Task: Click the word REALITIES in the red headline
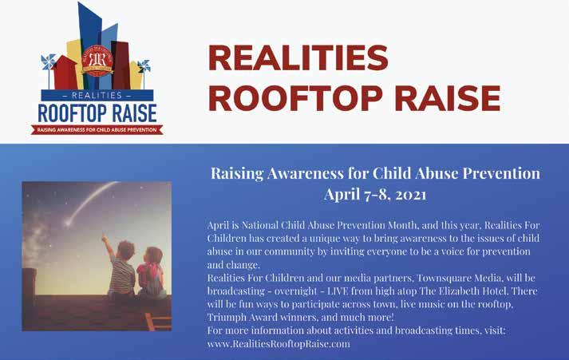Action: click(x=298, y=57)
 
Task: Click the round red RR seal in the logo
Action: click(x=97, y=61)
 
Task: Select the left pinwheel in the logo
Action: click(x=48, y=62)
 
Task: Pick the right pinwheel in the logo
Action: click(x=144, y=66)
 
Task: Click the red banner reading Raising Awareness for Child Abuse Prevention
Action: click(x=97, y=129)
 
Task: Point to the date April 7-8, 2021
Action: click(x=375, y=194)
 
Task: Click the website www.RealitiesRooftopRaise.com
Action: click(x=279, y=344)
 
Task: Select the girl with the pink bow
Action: click(x=152, y=273)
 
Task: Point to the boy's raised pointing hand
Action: click(x=105, y=238)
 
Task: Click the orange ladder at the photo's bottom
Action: click(x=157, y=322)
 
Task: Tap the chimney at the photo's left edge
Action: click(x=29, y=286)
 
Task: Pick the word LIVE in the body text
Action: click(x=338, y=291)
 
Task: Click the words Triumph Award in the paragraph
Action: click(x=243, y=318)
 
